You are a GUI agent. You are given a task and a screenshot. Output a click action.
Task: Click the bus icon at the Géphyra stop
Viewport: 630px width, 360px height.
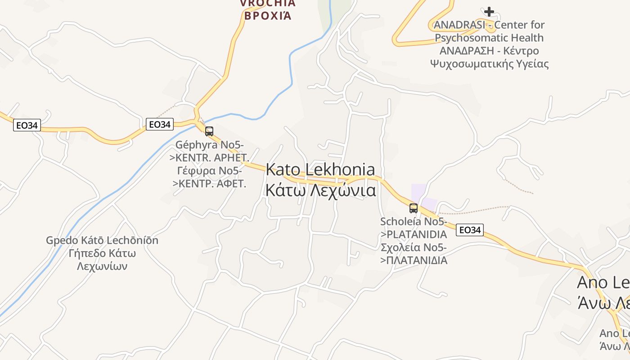tap(209, 131)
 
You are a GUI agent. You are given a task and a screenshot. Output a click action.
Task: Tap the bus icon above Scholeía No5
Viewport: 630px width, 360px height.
tap(413, 208)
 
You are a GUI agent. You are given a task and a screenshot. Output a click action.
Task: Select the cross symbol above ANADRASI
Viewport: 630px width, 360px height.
tap(489, 11)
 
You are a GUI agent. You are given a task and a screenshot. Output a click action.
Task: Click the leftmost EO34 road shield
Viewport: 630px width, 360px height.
tap(27, 125)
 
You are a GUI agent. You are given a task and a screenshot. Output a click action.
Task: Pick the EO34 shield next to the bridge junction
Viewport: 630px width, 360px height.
tap(160, 124)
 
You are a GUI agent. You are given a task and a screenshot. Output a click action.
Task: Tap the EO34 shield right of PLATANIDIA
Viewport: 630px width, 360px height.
tap(469, 230)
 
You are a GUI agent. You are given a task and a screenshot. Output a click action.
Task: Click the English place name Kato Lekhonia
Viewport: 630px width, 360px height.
tap(320, 170)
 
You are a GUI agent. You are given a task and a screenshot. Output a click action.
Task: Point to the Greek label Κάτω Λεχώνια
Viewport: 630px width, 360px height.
tap(320, 190)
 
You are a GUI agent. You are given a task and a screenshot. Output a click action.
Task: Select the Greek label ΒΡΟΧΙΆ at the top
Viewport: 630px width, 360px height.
tap(267, 16)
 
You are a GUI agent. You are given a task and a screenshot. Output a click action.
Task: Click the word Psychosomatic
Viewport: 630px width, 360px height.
tap(489, 38)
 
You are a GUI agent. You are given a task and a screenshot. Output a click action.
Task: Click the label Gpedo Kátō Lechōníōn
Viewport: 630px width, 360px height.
tap(102, 240)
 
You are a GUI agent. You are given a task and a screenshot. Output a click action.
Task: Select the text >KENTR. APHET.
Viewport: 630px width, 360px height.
tap(209, 158)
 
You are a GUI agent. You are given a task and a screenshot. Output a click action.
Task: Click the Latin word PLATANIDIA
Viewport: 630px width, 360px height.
tap(417, 234)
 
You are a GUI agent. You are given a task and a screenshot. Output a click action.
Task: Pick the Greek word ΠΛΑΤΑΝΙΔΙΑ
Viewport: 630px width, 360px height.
tap(417, 260)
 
